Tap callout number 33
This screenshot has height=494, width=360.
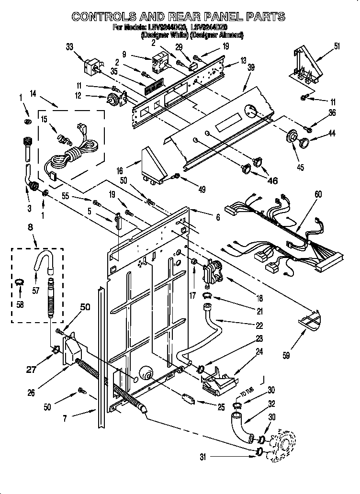(x=69, y=46)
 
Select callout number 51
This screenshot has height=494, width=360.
(x=337, y=46)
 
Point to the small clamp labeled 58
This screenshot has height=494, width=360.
(x=19, y=282)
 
